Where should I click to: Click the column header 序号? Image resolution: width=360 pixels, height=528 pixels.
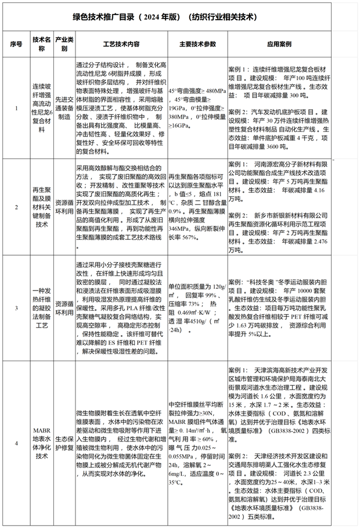pyautogui.click(x=16, y=44)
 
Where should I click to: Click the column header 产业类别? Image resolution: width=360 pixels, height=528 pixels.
pyautogui.click(x=64, y=44)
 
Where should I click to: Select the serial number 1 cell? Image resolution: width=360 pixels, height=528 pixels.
pyautogui.click(x=16, y=107)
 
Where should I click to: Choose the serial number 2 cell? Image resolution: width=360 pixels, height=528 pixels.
pyautogui.click(x=16, y=207)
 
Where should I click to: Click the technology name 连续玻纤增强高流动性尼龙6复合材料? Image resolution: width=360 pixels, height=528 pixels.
pyautogui.click(x=42, y=107)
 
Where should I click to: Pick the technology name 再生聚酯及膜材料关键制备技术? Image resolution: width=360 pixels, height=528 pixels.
pyautogui.click(x=42, y=207)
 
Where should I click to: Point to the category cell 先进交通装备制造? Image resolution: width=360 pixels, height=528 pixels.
pyautogui.click(x=64, y=107)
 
